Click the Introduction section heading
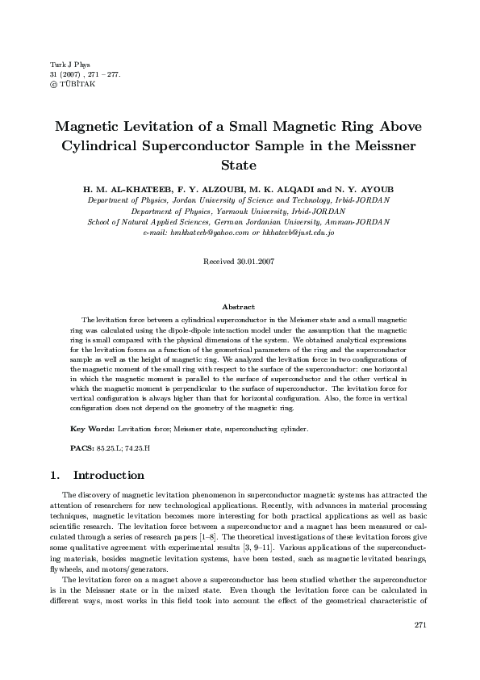[x=109, y=476]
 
